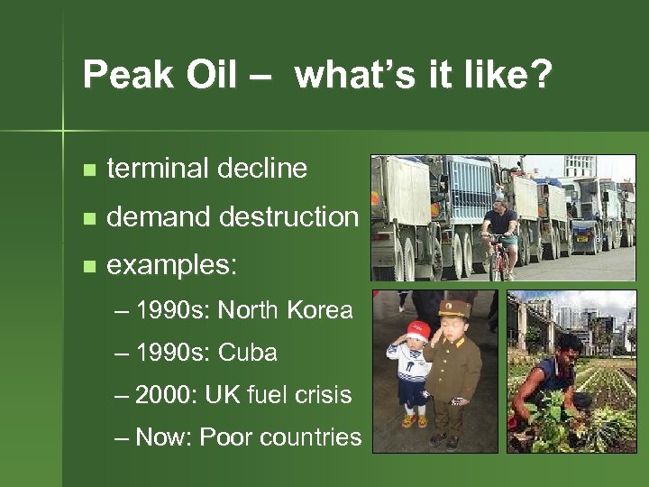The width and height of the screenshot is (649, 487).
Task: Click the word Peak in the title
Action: tap(117, 76)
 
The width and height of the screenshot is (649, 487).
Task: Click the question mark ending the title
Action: tap(537, 76)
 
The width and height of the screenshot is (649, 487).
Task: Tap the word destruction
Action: tap(294, 217)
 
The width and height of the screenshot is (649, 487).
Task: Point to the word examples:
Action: tap(172, 267)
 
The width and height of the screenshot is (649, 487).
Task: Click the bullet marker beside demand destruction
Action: tap(87, 218)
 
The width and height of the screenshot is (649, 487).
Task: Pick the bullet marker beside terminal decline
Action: tap(87, 170)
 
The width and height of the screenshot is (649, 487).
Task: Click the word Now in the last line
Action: tap(163, 437)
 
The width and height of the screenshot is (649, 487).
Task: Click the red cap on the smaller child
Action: tap(417, 330)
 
